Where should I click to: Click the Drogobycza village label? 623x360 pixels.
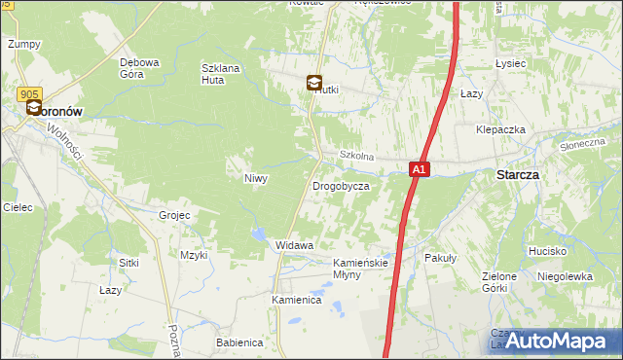(x=340, y=185)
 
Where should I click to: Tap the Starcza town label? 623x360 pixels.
(x=518, y=174)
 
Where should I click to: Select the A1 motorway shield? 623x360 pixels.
(x=418, y=169)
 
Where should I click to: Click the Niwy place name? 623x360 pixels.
(x=255, y=178)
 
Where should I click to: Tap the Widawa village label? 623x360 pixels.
(x=294, y=245)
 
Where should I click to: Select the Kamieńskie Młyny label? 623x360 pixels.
(x=360, y=269)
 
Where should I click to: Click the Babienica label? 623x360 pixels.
(x=239, y=342)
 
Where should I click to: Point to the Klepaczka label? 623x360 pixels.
(x=500, y=129)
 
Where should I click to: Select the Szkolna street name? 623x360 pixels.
(x=356, y=156)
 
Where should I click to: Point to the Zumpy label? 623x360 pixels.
(x=23, y=44)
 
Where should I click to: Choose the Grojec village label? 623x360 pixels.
(x=173, y=214)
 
